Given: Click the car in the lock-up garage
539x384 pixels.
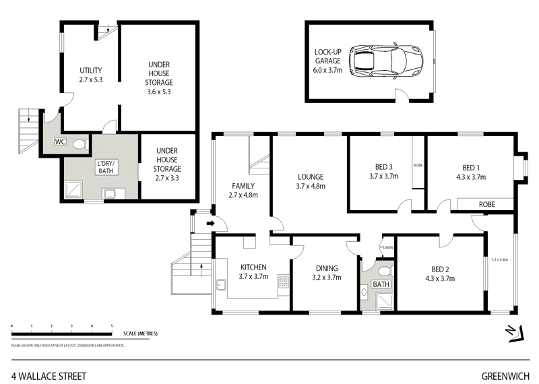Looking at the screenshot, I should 387,61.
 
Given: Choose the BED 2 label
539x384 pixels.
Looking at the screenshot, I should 441,271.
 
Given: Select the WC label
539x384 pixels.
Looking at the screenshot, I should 60,142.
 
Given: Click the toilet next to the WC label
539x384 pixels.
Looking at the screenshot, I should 80,143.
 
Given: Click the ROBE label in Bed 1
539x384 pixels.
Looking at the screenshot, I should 486,203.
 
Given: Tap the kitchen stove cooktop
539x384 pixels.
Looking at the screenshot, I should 284,284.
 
